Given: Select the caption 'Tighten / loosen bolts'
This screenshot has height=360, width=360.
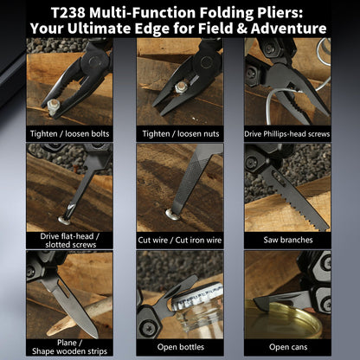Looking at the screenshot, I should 69,133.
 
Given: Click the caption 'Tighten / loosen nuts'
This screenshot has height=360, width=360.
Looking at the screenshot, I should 179,133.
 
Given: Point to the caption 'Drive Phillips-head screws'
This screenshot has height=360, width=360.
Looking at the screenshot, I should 287,133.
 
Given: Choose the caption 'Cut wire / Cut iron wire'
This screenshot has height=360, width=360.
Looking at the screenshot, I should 179,239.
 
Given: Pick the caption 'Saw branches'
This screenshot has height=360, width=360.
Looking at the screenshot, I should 287,239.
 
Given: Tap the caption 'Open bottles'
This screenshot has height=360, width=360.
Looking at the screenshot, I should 179,346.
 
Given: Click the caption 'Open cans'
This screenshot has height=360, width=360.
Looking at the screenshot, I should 287,346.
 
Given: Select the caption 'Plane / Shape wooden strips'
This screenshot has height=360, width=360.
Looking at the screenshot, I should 69,346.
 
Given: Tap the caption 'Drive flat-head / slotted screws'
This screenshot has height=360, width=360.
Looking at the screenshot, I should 69,239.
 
